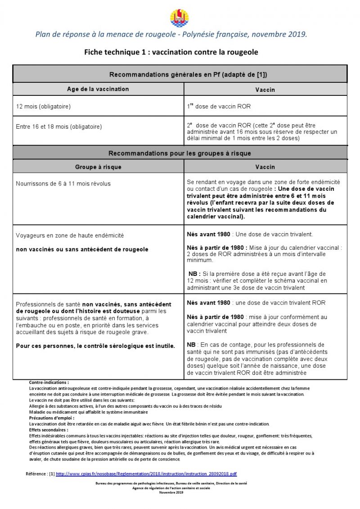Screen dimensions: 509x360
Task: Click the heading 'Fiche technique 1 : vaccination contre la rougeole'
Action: click(x=171, y=52)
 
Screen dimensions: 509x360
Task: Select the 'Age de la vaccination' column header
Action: click(x=98, y=89)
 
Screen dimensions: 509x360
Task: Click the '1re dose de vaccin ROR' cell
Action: click(x=219, y=107)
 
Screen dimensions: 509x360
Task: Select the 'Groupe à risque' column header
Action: click(x=98, y=167)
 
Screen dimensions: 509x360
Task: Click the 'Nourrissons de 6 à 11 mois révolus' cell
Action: click(x=63, y=184)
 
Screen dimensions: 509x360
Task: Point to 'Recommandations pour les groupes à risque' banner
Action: click(x=180, y=153)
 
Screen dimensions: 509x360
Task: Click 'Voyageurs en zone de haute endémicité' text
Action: click(x=70, y=235)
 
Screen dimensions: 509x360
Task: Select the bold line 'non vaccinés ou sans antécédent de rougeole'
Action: click(x=82, y=249)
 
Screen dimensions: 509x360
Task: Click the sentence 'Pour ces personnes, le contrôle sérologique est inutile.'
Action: click(x=95, y=346)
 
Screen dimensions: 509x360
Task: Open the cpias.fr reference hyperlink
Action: click(x=147, y=474)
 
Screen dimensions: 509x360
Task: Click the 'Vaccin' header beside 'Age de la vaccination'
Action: click(x=265, y=90)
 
